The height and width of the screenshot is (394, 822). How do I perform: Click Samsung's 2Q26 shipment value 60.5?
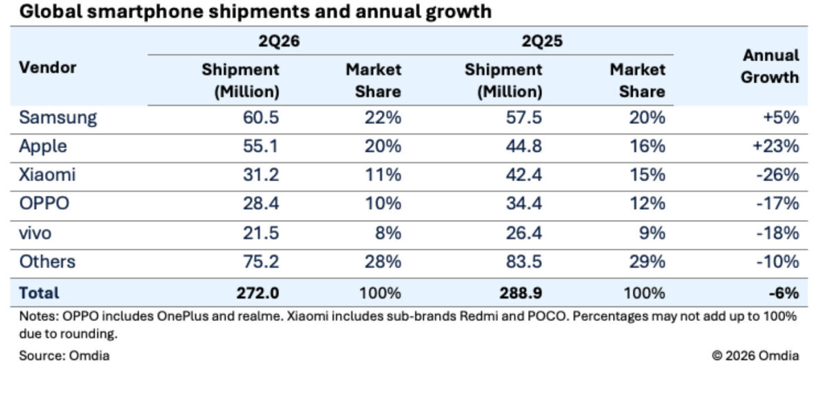click(261, 118)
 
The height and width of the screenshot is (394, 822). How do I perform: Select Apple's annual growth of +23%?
click(775, 146)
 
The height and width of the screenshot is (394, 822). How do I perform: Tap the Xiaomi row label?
click(47, 175)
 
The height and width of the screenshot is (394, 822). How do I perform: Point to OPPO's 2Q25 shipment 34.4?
click(523, 204)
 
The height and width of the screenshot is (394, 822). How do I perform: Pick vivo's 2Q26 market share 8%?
click(388, 233)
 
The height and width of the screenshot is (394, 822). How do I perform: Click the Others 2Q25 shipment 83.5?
click(523, 262)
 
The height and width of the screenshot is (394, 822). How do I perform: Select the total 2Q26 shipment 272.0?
click(258, 293)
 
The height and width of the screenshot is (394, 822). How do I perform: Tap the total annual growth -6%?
click(784, 293)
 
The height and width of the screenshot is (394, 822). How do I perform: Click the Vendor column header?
click(47, 68)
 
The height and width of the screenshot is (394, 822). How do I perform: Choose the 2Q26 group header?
click(279, 40)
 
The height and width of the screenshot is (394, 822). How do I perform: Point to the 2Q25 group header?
click(542, 40)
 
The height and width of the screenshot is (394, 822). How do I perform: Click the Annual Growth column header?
click(770, 66)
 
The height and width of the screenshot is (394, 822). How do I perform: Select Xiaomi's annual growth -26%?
click(777, 175)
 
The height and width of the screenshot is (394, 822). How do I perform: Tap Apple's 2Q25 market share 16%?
click(647, 146)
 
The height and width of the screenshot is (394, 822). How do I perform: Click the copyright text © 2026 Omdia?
click(755, 356)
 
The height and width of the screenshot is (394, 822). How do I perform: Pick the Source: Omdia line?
click(64, 356)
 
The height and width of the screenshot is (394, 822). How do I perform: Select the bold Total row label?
click(39, 293)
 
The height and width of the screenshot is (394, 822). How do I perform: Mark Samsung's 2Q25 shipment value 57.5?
click(523, 118)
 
